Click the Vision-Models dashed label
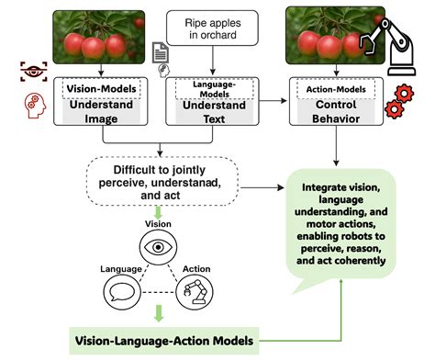click(x=101, y=90)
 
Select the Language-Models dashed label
click(x=212, y=90)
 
